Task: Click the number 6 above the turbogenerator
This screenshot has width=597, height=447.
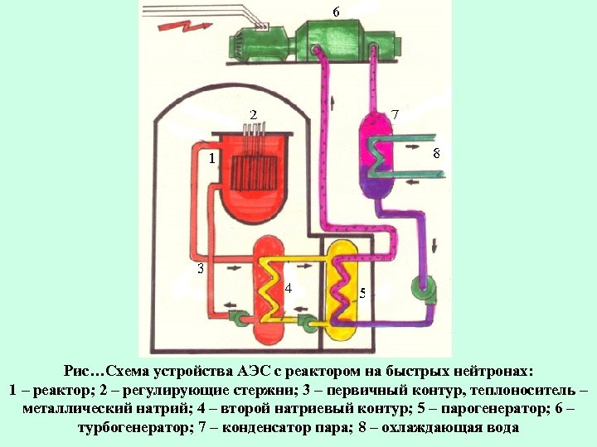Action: [336, 12]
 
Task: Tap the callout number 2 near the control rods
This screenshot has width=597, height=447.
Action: [254, 113]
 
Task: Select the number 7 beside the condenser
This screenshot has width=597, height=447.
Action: [396, 113]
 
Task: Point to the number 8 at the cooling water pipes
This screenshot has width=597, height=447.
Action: [437, 153]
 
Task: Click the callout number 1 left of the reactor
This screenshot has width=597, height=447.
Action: [212, 157]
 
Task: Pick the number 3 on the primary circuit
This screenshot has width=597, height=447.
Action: [200, 268]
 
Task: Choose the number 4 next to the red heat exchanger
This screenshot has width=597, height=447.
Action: [288, 288]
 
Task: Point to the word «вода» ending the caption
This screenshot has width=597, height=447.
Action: [501, 428]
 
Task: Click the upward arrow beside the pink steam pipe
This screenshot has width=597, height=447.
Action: [333, 103]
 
